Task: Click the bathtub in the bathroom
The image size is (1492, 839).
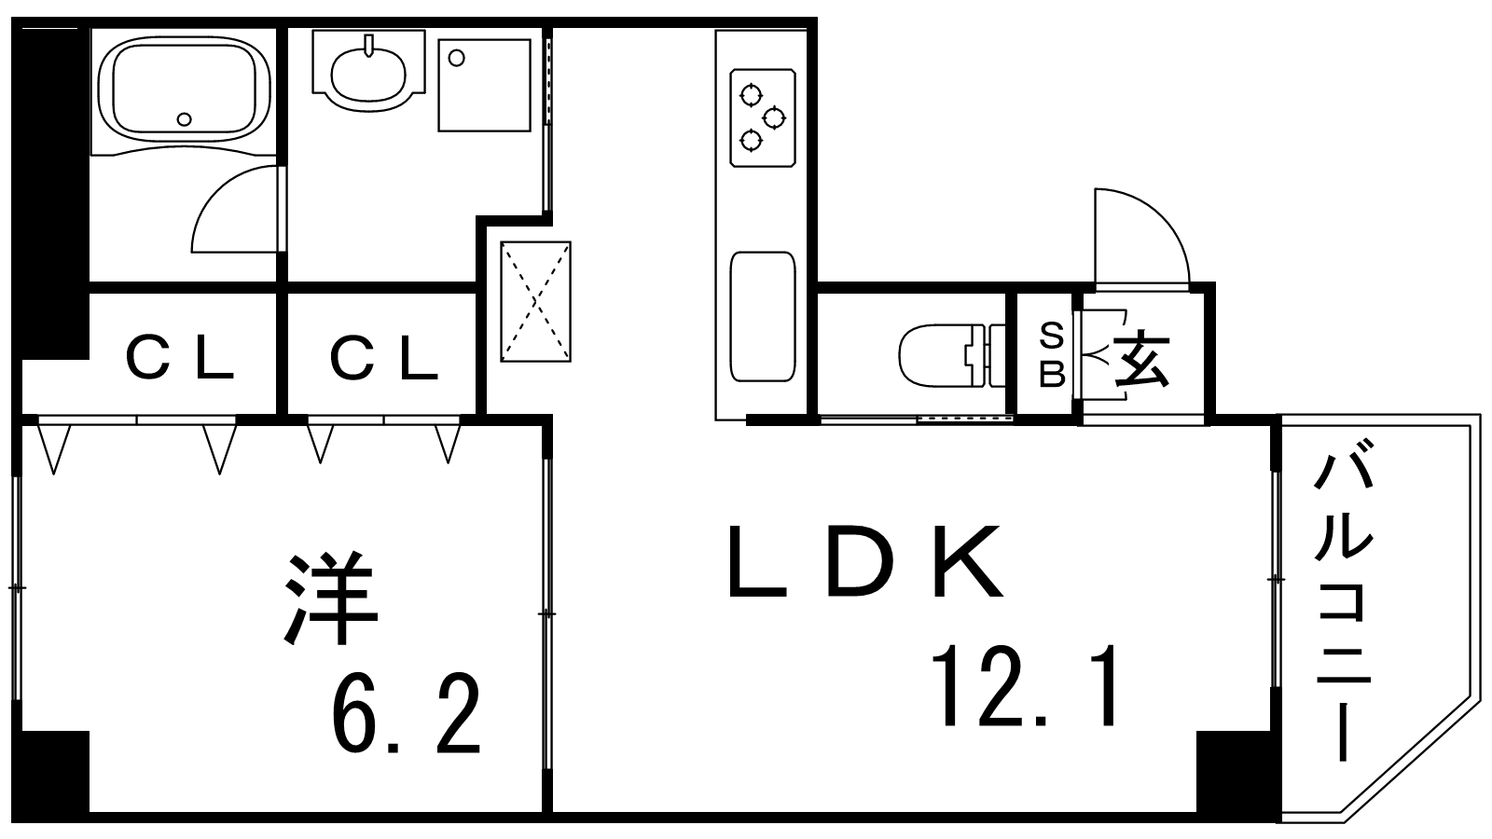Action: click(x=184, y=86)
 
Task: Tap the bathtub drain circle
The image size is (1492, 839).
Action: click(x=185, y=118)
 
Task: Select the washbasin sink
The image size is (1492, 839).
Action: click(x=369, y=68)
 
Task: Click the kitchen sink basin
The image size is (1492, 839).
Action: click(x=763, y=316)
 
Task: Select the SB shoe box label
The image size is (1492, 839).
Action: click(x=1052, y=354)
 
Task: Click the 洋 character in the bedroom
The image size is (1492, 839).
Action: click(x=332, y=601)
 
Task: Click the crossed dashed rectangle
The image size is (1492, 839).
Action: click(x=535, y=301)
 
